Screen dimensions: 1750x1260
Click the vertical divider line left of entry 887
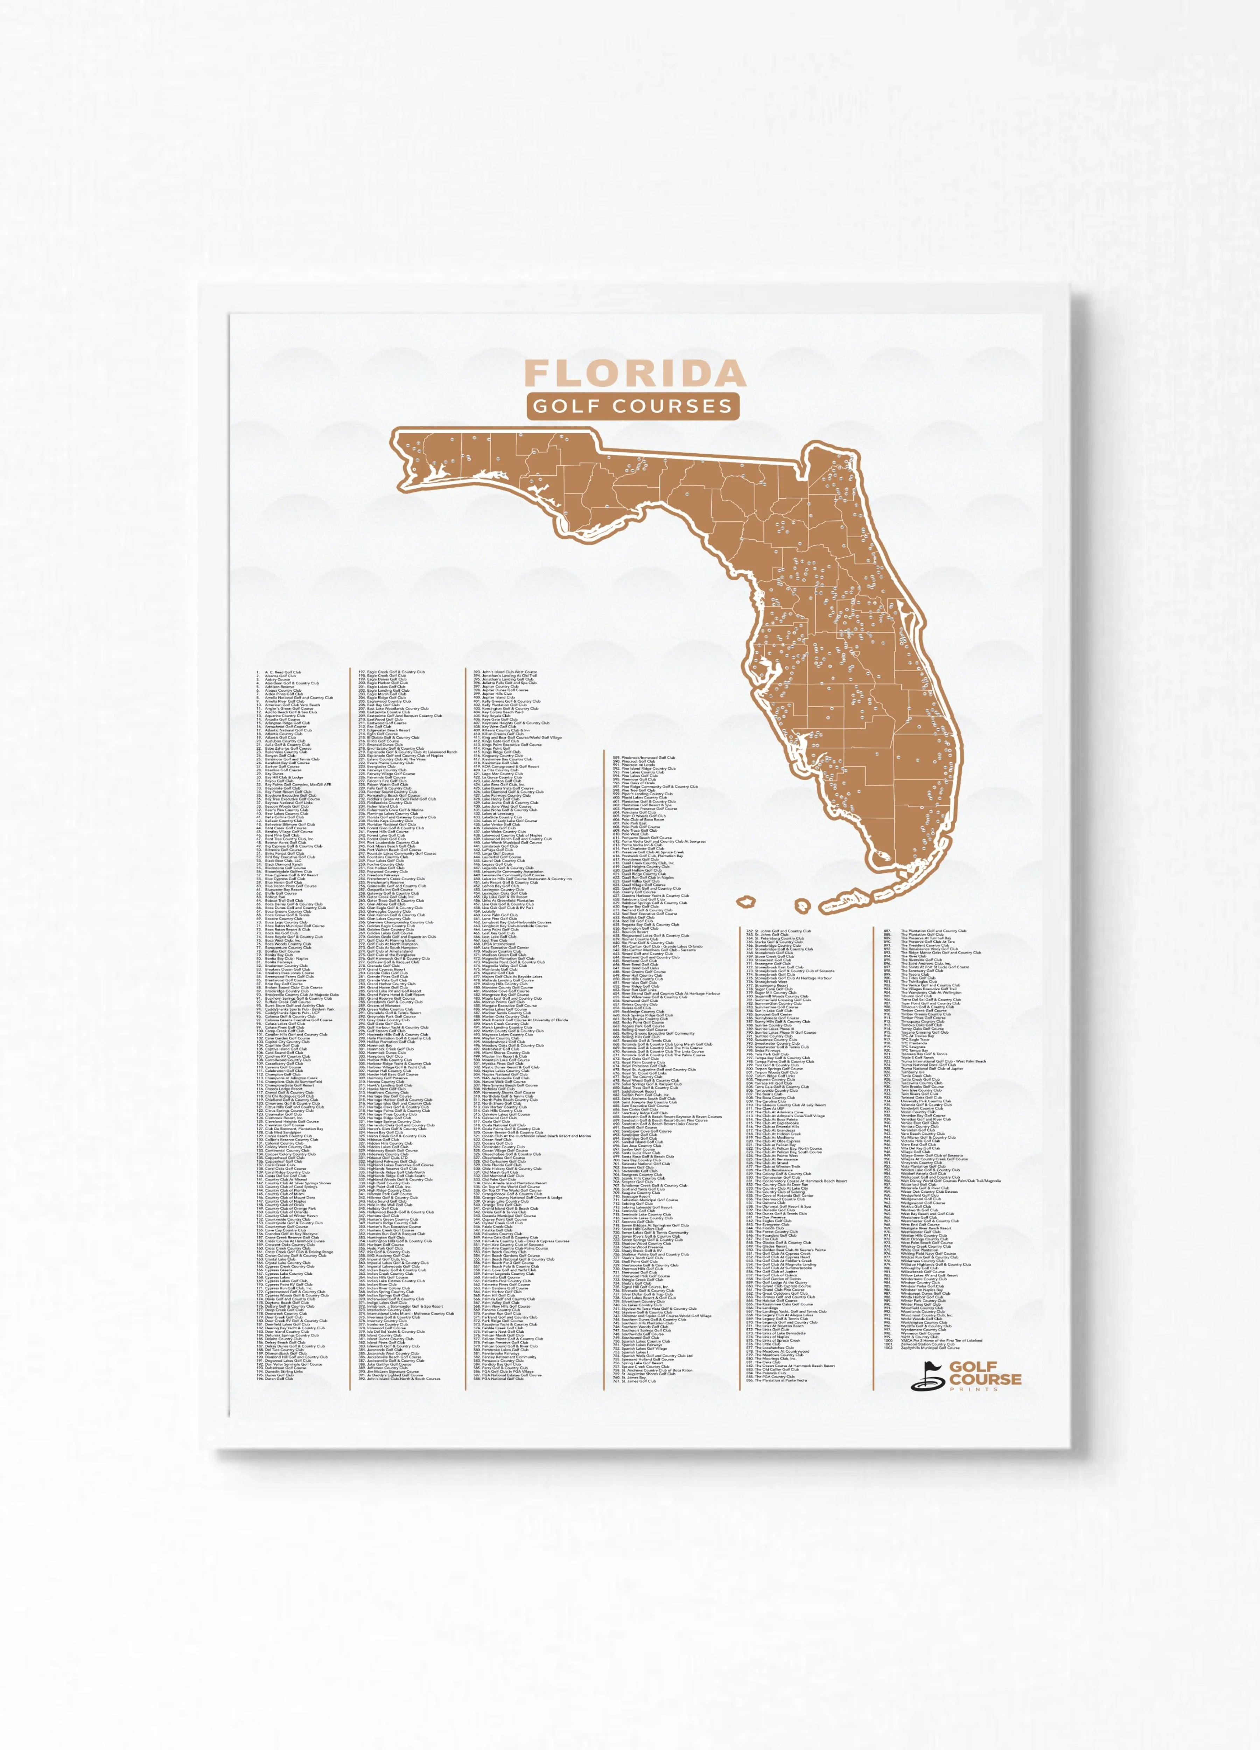tap(874, 1157)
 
